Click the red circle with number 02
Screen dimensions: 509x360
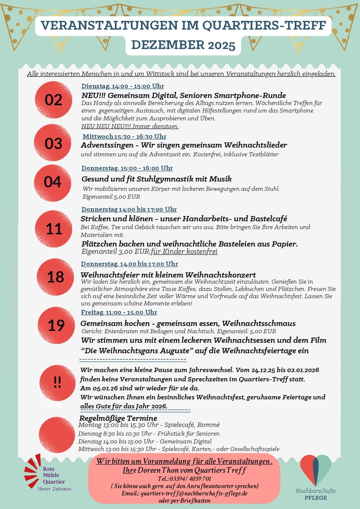(x=53, y=100)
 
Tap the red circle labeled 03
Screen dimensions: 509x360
(x=53, y=143)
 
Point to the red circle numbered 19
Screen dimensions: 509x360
(x=55, y=326)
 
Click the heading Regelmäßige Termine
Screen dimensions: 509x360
(x=118, y=418)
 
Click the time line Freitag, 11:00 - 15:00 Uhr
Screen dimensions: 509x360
(x=119, y=312)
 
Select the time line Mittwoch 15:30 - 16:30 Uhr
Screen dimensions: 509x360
(x=125, y=136)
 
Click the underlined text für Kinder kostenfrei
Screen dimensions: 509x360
(x=184, y=251)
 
